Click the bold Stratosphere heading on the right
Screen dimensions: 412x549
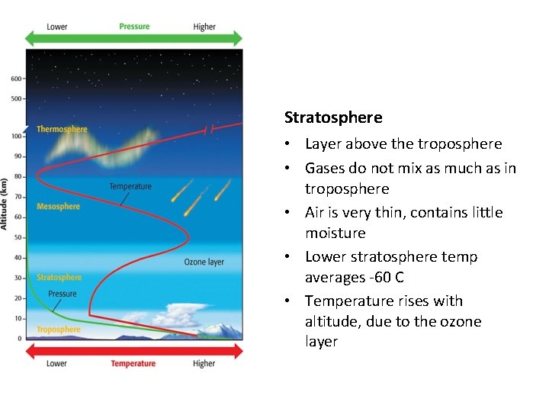tap(333, 117)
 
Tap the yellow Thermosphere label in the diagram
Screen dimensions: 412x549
tap(62, 130)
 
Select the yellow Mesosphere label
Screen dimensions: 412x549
tap(58, 206)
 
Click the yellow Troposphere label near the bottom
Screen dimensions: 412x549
tap(59, 330)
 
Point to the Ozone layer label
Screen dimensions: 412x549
tap(204, 262)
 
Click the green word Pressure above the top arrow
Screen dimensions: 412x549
tap(134, 26)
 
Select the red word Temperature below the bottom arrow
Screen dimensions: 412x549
tap(133, 364)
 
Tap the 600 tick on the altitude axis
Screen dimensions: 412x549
tap(17, 79)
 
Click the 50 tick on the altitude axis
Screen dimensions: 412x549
tap(18, 237)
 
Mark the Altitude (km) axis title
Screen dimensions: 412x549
tap(5, 204)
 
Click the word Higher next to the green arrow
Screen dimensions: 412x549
tap(204, 27)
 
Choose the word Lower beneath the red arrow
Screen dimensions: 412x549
tap(56, 364)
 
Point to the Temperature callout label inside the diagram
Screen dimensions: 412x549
tap(130, 187)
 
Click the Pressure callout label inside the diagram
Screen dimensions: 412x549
tap(63, 294)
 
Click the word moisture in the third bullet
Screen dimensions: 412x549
tap(335, 233)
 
